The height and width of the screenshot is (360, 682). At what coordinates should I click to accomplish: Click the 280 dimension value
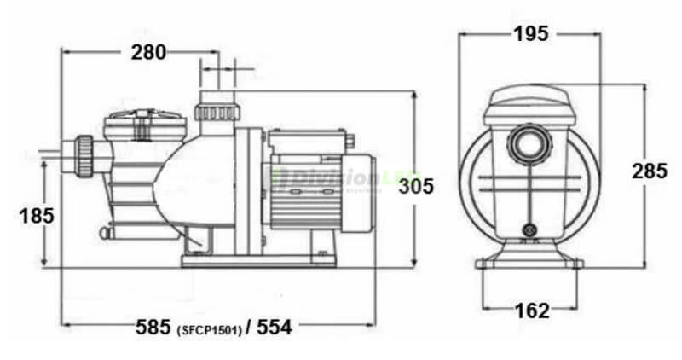tap(149, 52)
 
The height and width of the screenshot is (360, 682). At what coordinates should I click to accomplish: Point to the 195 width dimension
tap(530, 33)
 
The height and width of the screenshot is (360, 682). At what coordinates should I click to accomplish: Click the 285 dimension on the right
tap(650, 171)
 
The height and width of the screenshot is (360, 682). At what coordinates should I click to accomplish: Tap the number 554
tap(275, 327)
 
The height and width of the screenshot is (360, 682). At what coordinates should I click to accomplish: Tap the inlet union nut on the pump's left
tap(86, 155)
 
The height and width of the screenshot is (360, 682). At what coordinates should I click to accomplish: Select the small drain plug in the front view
tap(530, 229)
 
